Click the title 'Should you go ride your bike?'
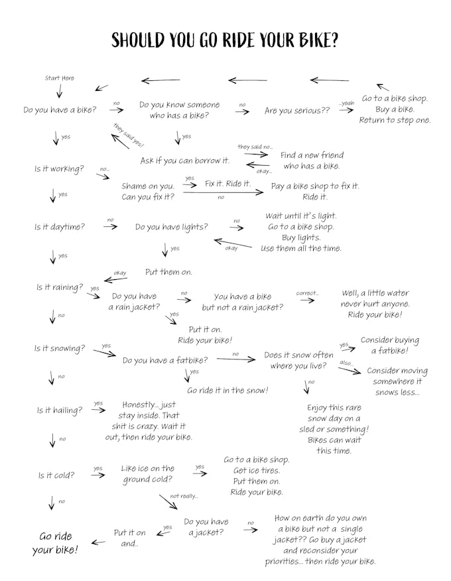point(225,40)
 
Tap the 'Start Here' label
point(60,78)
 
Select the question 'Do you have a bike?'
point(60,110)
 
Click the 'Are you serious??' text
point(297,111)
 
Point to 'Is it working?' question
point(60,169)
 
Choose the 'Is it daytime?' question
point(60,227)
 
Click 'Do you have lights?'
point(171,227)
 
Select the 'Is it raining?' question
point(60,287)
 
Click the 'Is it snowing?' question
point(60,348)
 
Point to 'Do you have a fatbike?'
point(165,360)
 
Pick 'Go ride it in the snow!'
point(227,390)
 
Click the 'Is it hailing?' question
point(60,411)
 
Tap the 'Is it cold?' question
point(56,475)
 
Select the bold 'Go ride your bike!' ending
point(55,543)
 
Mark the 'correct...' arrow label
point(307,292)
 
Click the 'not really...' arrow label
point(184,495)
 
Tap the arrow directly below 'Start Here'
point(60,91)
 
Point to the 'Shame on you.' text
point(148,186)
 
